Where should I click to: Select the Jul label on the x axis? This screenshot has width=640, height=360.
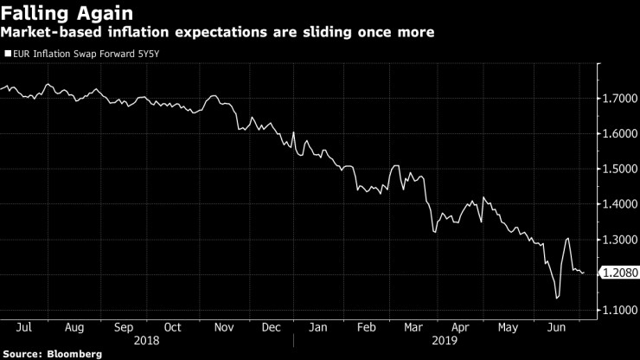pyautogui.click(x=24, y=329)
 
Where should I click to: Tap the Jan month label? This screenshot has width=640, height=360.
pyautogui.click(x=319, y=329)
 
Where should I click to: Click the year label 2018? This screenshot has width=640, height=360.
pyautogui.click(x=145, y=341)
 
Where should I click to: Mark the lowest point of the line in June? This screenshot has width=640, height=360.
pyautogui.click(x=556, y=299)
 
